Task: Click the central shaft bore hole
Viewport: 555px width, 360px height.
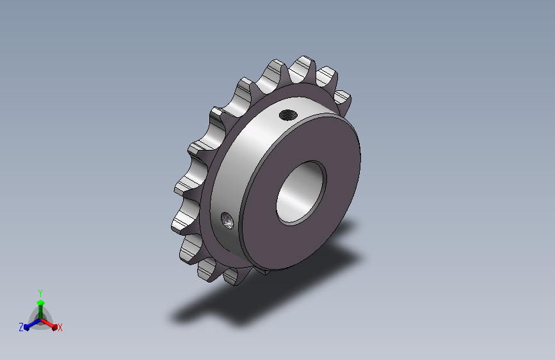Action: coord(301,193)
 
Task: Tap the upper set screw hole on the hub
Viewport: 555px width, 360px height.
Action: coord(288,115)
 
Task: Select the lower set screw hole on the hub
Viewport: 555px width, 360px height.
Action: coord(227,220)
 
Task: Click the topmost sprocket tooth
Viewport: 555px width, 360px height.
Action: coord(302,69)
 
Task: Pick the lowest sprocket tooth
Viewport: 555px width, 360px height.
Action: coord(234,277)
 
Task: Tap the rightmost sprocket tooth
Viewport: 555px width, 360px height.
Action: coord(343,102)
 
